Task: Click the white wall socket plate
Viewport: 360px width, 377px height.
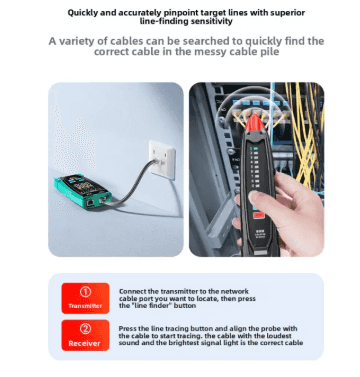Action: click(x=162, y=159)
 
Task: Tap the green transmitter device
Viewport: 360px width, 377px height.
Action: click(x=83, y=191)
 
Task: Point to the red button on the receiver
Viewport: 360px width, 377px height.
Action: click(x=258, y=215)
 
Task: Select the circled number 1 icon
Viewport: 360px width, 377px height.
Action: click(x=85, y=292)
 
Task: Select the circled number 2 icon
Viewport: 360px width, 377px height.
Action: click(x=85, y=329)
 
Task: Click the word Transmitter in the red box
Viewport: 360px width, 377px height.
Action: click(x=85, y=306)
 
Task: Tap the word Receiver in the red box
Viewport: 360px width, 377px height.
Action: click(x=84, y=343)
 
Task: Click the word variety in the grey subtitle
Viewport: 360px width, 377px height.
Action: click(x=78, y=41)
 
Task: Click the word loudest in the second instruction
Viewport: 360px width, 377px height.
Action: click(x=278, y=336)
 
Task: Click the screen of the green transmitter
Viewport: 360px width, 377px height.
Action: click(x=86, y=184)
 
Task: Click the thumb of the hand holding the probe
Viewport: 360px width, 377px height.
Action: click(x=265, y=201)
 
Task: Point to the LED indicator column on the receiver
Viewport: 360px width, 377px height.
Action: click(x=256, y=168)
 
